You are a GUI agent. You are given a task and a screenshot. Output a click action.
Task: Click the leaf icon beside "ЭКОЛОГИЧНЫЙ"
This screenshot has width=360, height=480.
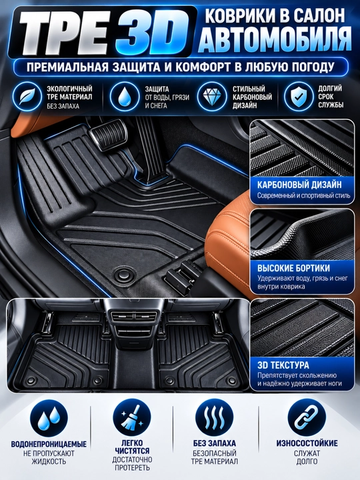tap(27, 97)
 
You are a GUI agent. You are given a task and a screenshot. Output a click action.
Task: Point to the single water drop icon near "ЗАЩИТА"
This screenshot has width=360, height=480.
tap(124, 97)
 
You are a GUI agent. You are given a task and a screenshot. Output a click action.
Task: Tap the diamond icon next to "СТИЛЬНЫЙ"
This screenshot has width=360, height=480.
tap(211, 97)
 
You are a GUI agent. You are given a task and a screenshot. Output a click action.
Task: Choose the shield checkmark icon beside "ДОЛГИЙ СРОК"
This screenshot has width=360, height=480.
tap(298, 97)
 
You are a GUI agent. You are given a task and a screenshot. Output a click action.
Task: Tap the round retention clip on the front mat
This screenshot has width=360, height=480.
tap(125, 272)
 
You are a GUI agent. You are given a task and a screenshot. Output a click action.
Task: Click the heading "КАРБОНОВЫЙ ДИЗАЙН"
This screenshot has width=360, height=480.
tap(299, 185)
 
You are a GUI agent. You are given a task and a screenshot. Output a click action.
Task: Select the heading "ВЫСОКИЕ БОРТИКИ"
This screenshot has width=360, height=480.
tap(293, 268)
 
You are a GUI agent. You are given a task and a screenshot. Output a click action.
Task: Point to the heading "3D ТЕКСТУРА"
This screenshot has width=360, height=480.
tap(283, 365)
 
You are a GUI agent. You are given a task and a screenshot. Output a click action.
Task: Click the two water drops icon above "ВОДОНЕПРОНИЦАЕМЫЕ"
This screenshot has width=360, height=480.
tap(49, 418)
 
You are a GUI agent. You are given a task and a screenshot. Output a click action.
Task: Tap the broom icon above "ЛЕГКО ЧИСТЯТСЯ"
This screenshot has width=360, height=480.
tap(132, 417)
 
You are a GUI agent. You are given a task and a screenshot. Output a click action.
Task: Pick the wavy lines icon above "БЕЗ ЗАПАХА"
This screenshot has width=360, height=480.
tap(214, 417)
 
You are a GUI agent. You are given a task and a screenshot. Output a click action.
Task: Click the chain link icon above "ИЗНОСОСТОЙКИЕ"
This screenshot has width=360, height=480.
tap(307, 417)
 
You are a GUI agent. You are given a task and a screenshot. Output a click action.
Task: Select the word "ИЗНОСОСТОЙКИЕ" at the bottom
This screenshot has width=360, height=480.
tap(307, 443)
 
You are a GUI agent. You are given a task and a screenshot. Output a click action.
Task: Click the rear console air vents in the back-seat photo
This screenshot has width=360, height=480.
tap(135, 317)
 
